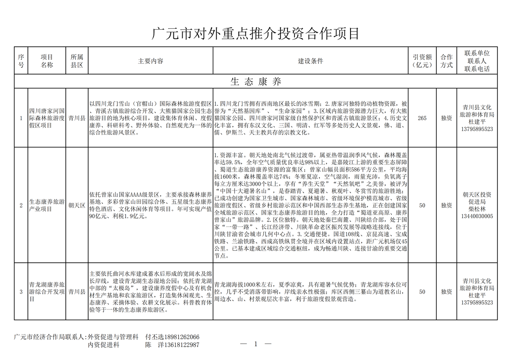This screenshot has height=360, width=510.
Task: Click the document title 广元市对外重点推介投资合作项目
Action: click(255, 34)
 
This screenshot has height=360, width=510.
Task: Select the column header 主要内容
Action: click(150, 61)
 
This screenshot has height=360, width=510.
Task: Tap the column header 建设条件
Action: click(310, 61)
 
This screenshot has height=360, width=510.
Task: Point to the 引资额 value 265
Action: click(422, 118)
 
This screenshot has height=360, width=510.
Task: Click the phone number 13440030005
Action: click(480, 216)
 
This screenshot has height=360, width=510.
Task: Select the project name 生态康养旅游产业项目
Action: click(47, 205)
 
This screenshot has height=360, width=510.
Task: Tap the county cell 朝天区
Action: click(76, 205)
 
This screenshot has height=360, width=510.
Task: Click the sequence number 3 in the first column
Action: click(20, 292)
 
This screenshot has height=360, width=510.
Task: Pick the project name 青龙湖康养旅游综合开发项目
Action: click(47, 292)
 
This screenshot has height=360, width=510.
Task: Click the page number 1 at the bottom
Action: click(255, 344)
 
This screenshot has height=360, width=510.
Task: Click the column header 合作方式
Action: click(446, 61)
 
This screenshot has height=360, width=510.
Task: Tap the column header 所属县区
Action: click(76, 61)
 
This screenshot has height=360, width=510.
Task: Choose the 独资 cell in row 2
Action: click(446, 205)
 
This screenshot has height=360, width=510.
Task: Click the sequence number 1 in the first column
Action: click(20, 118)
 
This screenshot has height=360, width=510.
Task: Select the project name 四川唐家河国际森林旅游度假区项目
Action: click(47, 118)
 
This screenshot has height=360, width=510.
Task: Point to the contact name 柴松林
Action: click(480, 208)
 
